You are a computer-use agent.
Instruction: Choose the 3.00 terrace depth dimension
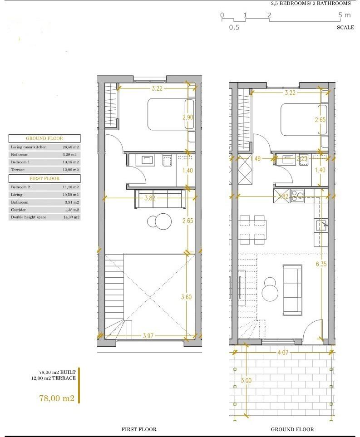tap(246, 380)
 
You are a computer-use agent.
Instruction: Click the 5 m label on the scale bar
tap(345, 15)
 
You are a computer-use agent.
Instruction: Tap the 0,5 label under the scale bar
tap(234, 27)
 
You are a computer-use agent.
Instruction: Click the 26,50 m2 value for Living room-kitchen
tap(70, 147)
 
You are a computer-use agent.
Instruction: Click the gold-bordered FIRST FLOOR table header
tap(44, 178)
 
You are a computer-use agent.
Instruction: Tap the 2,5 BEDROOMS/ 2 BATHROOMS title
tap(311, 3)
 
